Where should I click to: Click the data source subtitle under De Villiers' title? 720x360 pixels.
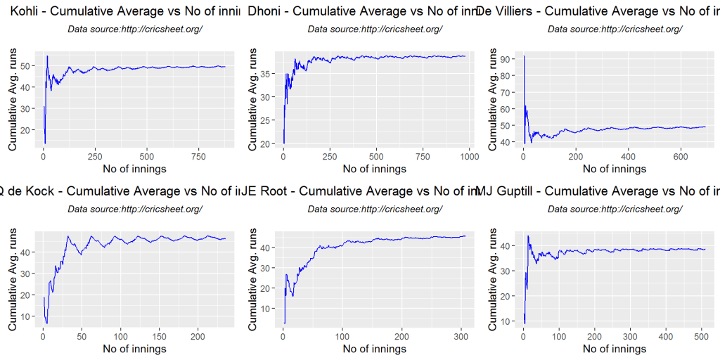615,29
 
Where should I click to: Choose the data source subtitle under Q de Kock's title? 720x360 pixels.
135,209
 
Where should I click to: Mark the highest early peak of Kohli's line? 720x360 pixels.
47,56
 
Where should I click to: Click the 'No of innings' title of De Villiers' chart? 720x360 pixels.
615,169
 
